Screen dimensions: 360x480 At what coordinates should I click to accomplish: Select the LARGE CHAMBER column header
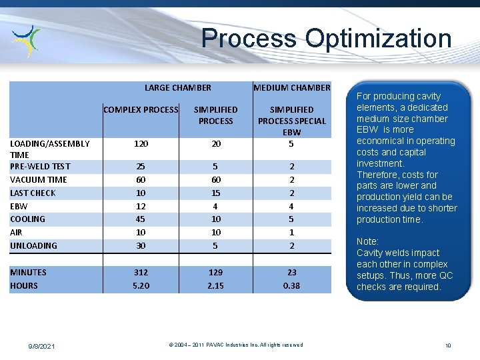coord(177,87)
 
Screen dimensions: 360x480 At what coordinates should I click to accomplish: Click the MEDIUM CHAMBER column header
coord(291,87)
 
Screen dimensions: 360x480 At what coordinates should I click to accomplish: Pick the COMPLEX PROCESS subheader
coord(141,109)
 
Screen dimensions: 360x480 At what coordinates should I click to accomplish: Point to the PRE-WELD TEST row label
coord(41,166)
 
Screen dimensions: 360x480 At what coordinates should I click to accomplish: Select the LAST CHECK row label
coord(33,193)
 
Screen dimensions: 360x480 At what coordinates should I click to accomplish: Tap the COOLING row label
coord(28,219)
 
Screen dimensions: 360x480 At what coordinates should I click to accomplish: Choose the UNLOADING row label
coord(33,245)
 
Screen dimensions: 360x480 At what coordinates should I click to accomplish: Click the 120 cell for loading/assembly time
coord(141,143)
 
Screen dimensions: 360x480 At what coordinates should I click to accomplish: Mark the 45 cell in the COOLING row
coord(141,219)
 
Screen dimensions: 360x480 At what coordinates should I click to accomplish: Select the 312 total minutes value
coord(141,272)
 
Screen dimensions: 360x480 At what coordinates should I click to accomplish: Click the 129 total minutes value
coord(215,272)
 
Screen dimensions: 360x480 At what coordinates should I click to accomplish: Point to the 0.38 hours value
coord(291,285)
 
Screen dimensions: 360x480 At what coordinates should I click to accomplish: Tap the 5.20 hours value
coord(141,285)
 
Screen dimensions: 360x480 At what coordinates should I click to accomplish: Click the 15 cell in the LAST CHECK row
coord(215,193)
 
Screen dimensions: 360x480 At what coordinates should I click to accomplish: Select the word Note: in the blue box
coord(367,241)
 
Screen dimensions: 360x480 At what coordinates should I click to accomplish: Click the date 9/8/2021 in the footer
coord(41,346)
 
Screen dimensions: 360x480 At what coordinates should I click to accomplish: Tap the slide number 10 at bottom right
coord(448,345)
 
